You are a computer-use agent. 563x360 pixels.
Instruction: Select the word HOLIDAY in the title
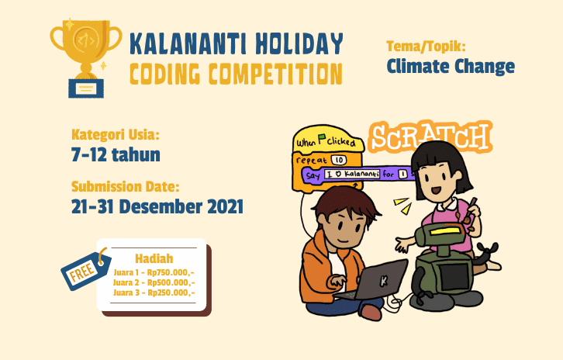(x=299, y=43)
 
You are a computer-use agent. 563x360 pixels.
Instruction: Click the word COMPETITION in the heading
(x=276, y=74)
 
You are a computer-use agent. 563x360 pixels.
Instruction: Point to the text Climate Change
(x=451, y=67)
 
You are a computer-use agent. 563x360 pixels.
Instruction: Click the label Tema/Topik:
(x=426, y=47)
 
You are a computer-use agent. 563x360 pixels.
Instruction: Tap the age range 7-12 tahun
(x=116, y=155)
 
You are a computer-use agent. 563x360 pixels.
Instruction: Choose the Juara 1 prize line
(x=154, y=272)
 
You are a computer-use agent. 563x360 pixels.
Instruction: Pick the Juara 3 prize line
(x=154, y=292)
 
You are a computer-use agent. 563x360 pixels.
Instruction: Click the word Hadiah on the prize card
(x=154, y=258)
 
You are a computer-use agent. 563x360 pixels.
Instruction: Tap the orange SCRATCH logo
(x=430, y=137)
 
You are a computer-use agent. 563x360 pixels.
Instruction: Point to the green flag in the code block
(x=322, y=138)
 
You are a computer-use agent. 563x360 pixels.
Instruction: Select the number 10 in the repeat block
(x=339, y=160)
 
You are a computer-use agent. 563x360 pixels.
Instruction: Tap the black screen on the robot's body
(x=454, y=277)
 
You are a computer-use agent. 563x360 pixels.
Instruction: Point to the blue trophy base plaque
(x=86, y=88)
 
